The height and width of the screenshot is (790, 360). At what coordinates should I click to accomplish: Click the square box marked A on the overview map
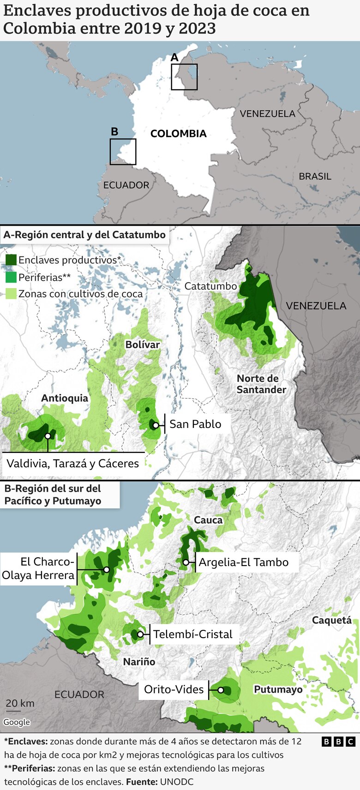[184, 77]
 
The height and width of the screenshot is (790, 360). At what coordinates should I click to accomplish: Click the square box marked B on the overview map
[123, 151]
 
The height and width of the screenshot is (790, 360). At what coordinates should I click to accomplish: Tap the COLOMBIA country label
[178, 134]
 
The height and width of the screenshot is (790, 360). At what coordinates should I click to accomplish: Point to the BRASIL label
[315, 176]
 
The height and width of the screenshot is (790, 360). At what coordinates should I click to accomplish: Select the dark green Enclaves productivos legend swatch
[11, 260]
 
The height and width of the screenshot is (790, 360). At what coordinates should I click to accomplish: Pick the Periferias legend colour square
[11, 277]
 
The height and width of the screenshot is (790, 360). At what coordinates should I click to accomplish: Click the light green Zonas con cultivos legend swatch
[11, 294]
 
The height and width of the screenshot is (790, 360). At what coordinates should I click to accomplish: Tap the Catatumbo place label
[210, 286]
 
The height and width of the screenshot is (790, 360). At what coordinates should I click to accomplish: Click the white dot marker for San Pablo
[156, 425]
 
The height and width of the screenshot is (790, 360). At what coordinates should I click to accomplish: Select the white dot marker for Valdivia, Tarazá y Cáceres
[48, 436]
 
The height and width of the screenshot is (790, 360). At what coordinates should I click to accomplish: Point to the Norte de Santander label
[261, 384]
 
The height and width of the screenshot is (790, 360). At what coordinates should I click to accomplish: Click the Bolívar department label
[143, 344]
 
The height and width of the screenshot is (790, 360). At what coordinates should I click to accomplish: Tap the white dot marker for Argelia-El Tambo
[186, 562]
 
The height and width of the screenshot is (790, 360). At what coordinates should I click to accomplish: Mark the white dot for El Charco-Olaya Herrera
[107, 569]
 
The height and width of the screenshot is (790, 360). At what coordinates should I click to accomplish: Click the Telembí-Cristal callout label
[193, 634]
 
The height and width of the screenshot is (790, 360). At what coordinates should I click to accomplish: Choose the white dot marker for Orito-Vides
[221, 690]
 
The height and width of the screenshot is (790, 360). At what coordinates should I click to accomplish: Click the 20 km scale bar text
[20, 703]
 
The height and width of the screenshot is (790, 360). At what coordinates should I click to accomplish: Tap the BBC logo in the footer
[338, 742]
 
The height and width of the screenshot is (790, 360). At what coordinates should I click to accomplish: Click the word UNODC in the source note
[176, 782]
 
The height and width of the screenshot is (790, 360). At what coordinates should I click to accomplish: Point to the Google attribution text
[17, 722]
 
